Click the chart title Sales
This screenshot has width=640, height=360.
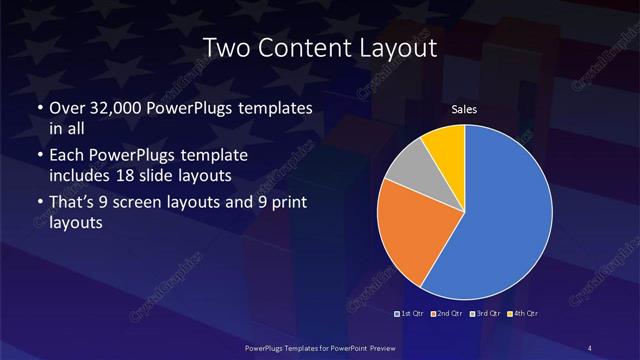(x=464, y=108)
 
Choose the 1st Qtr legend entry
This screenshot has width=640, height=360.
(x=409, y=314)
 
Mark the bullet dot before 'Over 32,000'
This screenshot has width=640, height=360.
(x=39, y=108)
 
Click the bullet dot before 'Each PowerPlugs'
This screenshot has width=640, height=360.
(x=39, y=157)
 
